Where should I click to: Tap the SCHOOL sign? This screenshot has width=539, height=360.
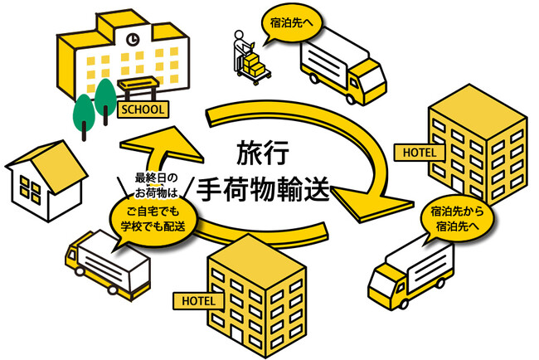click(x=143, y=109)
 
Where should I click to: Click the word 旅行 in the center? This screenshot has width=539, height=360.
click(x=258, y=153)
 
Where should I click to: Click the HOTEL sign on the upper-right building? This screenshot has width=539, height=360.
click(x=420, y=152)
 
